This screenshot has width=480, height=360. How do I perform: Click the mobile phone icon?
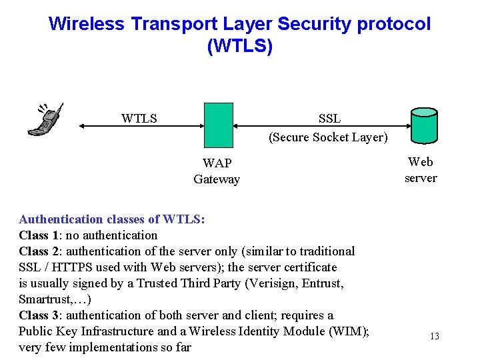click(x=45, y=120)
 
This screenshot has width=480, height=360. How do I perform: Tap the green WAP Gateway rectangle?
click(x=218, y=125)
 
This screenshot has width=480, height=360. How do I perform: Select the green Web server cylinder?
click(x=423, y=125)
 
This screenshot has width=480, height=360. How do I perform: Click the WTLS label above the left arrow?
click(x=139, y=119)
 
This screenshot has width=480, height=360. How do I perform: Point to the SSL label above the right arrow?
click(x=329, y=119)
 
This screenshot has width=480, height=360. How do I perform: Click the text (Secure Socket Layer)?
click(x=328, y=137)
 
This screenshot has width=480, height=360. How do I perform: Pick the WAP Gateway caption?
click(x=217, y=171)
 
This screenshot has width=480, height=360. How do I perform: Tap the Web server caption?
click(x=421, y=169)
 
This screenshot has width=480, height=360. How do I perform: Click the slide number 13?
click(x=434, y=336)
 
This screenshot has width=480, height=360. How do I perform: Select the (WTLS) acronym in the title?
click(x=240, y=47)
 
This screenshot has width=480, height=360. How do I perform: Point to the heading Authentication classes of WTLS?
click(x=111, y=219)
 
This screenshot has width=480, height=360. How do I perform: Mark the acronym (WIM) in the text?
click(x=352, y=331)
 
